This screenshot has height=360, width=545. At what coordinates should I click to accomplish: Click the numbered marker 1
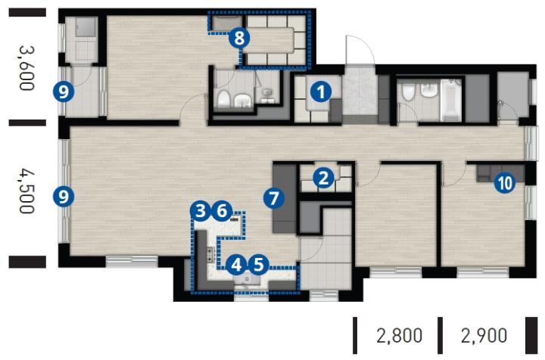321,92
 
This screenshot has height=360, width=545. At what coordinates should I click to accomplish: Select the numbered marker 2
323,178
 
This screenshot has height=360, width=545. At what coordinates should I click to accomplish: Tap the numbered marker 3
201,211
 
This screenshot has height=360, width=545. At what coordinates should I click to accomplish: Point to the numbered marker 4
236,265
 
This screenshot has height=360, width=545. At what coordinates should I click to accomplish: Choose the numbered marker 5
259,265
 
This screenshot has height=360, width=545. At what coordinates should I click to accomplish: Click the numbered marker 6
223,211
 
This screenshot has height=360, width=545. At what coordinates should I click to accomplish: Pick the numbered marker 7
274,199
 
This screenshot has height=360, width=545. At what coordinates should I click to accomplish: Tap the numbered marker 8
239,38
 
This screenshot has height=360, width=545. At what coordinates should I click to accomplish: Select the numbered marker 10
506,182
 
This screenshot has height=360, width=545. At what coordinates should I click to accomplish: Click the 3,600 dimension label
26,68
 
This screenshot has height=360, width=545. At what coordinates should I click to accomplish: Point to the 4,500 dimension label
26,191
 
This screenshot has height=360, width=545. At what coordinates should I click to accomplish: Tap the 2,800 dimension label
400,336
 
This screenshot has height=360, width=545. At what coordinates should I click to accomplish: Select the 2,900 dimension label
484,336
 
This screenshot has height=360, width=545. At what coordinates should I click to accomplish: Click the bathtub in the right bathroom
451,100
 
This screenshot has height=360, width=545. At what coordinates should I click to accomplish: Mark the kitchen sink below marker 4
247,280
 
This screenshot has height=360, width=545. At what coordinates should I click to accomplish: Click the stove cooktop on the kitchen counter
210,255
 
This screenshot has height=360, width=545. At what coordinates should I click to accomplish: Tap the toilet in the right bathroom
407,92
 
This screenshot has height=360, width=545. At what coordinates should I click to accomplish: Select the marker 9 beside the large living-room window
64,197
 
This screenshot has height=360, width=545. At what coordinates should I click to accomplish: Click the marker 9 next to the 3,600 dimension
64,92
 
